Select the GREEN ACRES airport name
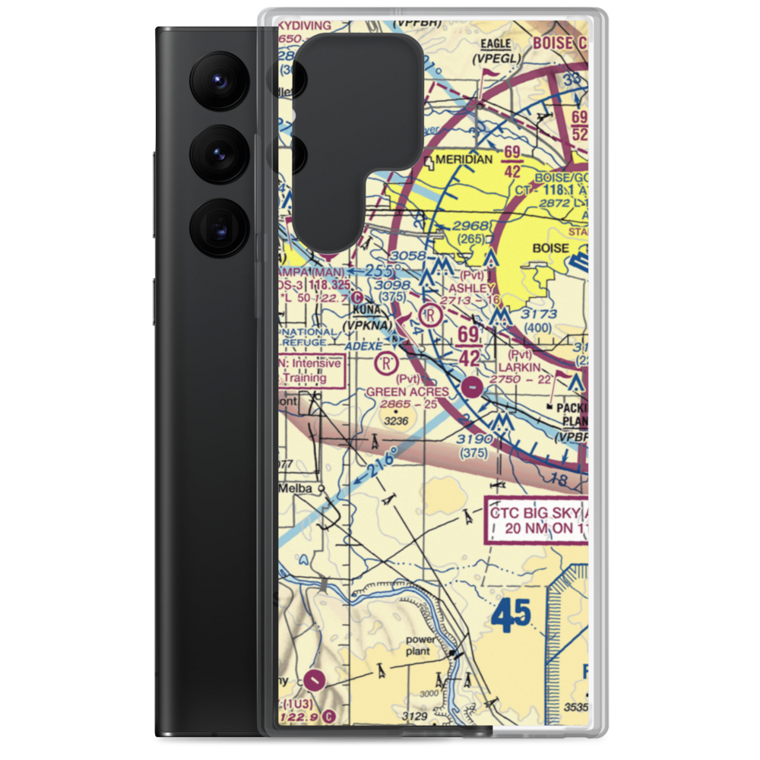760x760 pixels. (x=407, y=391)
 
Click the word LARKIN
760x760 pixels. (x=521, y=367)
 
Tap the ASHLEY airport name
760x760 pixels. (x=472, y=288)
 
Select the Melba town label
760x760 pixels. (x=297, y=488)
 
